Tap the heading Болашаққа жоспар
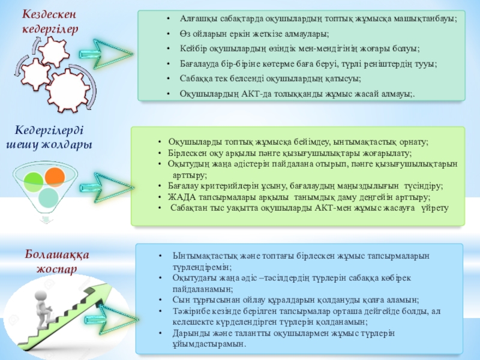coord(57,261)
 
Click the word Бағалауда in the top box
coord(199,63)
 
